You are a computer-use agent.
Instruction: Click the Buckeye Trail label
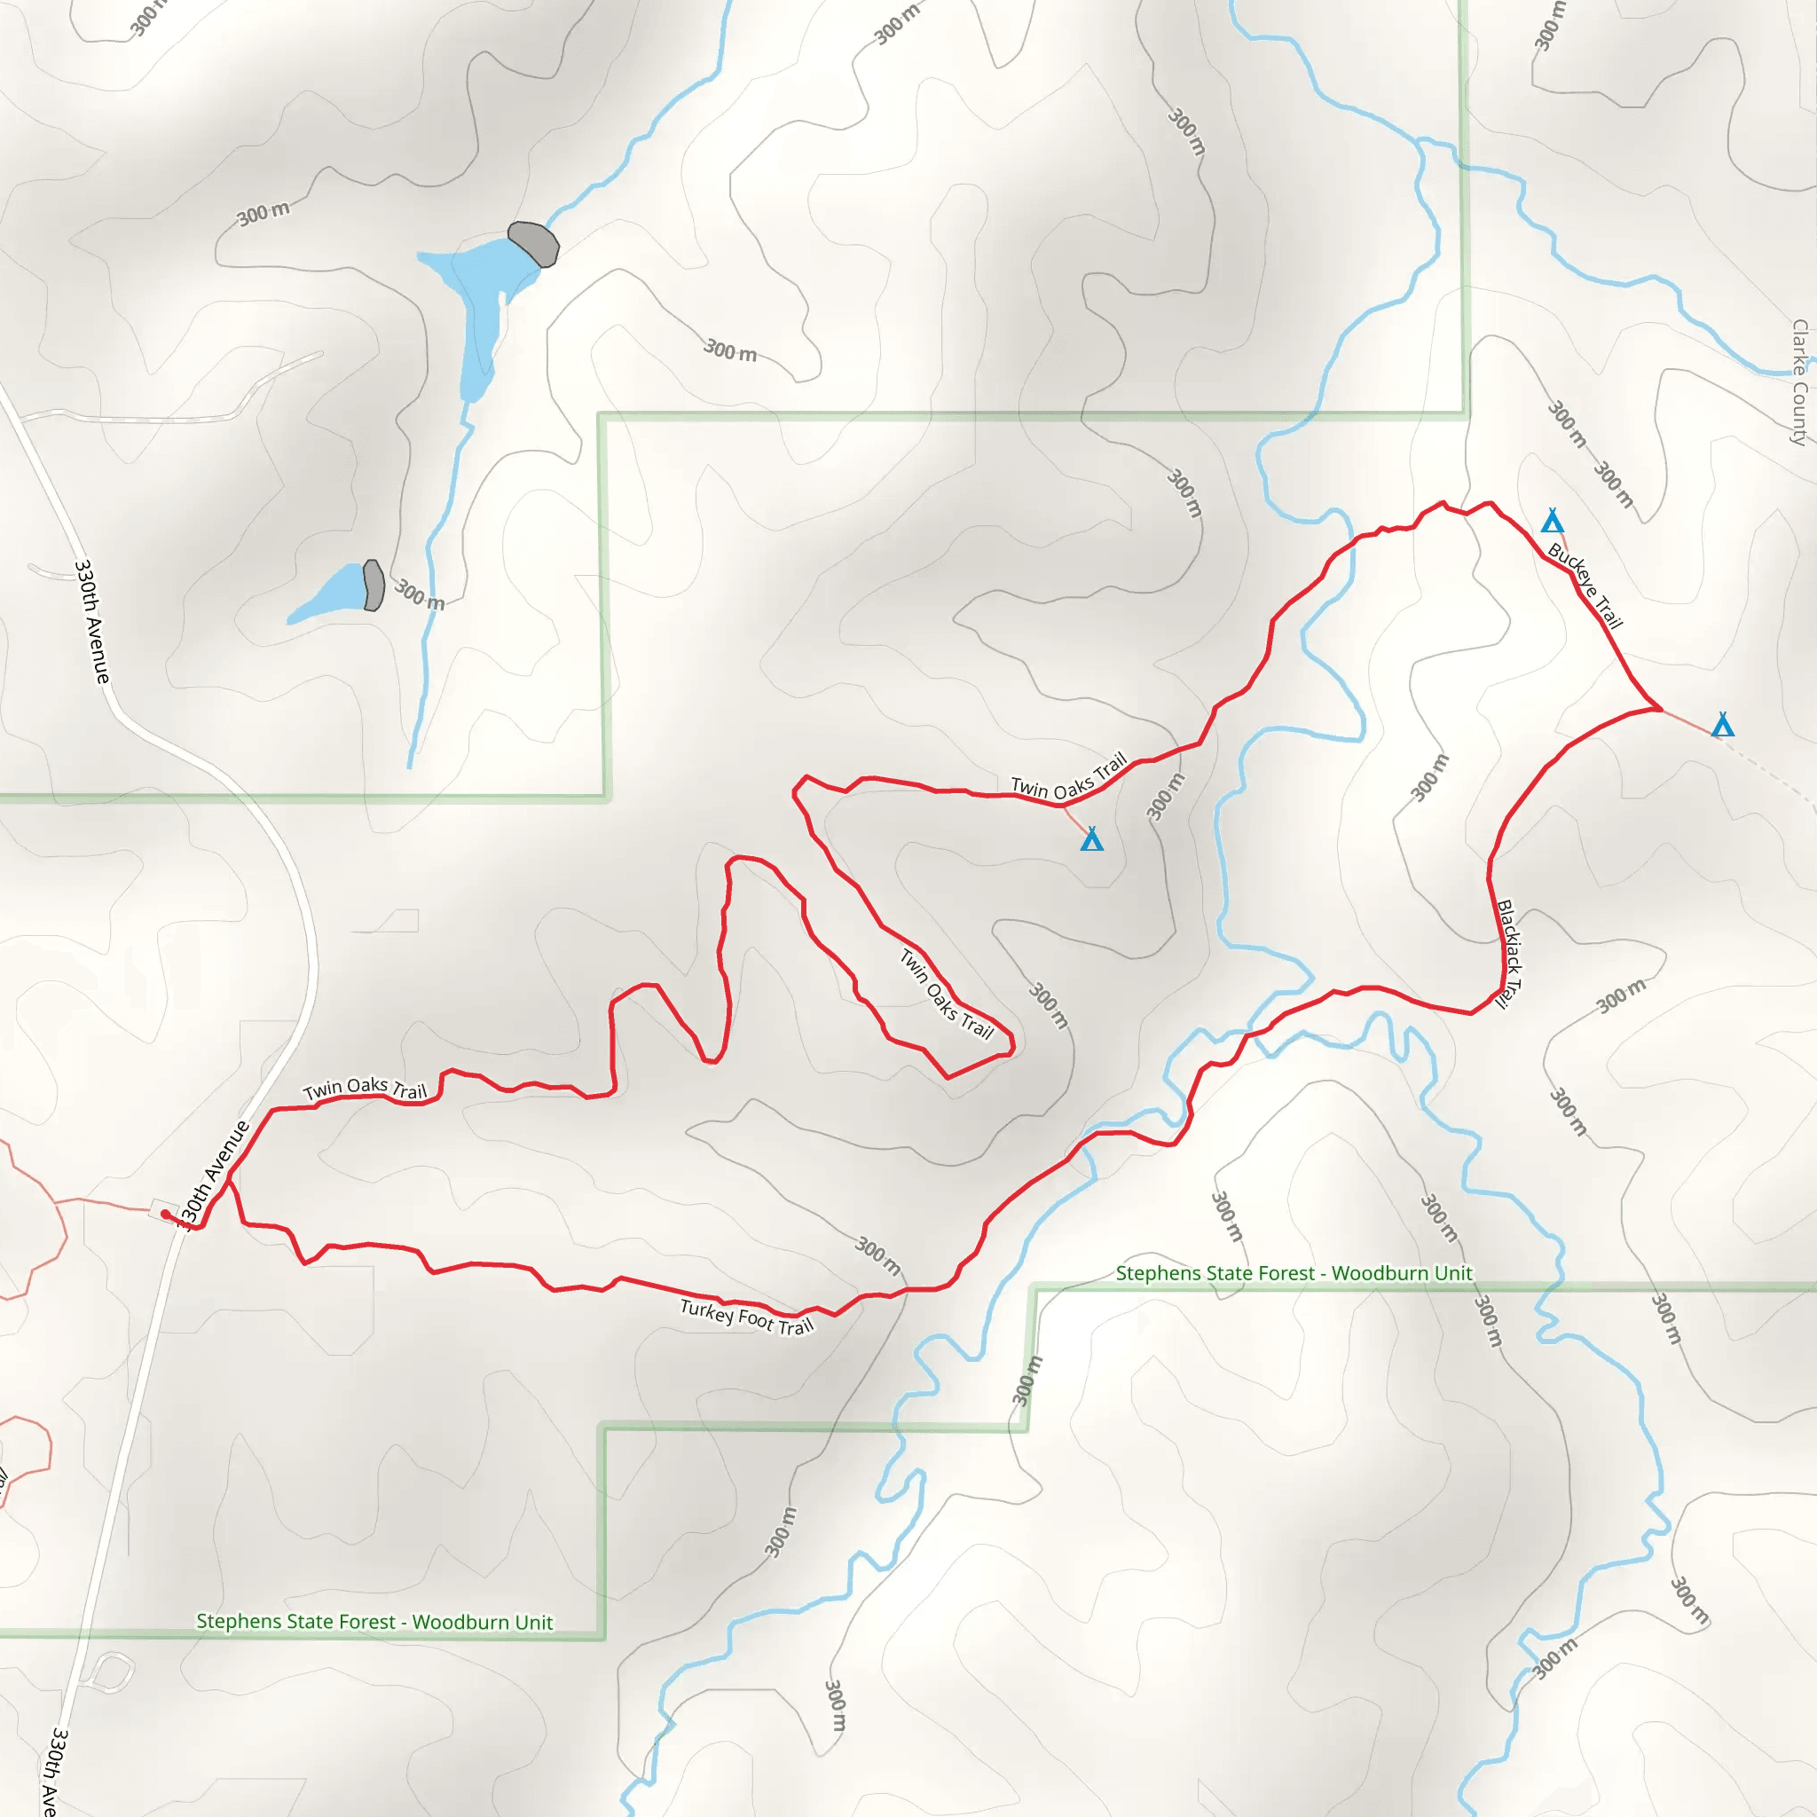[x=1585, y=586]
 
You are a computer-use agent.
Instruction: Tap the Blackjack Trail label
[x=1508, y=955]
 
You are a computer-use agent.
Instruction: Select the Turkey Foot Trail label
[x=746, y=1317]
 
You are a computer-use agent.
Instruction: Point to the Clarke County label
[x=1799, y=381]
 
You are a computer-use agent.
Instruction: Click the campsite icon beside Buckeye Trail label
[x=1552, y=521]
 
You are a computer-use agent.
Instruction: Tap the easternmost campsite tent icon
[x=1722, y=724]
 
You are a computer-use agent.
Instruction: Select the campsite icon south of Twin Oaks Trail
[x=1091, y=839]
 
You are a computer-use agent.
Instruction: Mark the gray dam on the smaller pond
[x=374, y=585]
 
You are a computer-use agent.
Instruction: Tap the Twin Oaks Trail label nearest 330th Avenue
[x=365, y=1089]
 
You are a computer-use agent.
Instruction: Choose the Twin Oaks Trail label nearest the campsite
[x=1068, y=776]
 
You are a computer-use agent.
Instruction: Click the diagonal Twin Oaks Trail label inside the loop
[x=946, y=994]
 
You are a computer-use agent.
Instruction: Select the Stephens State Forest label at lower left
[x=374, y=1622]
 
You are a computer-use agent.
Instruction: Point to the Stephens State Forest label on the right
[x=1294, y=1273]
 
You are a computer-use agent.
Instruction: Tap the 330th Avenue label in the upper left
[x=91, y=622]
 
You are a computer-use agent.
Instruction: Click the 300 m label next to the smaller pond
[x=419, y=594]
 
